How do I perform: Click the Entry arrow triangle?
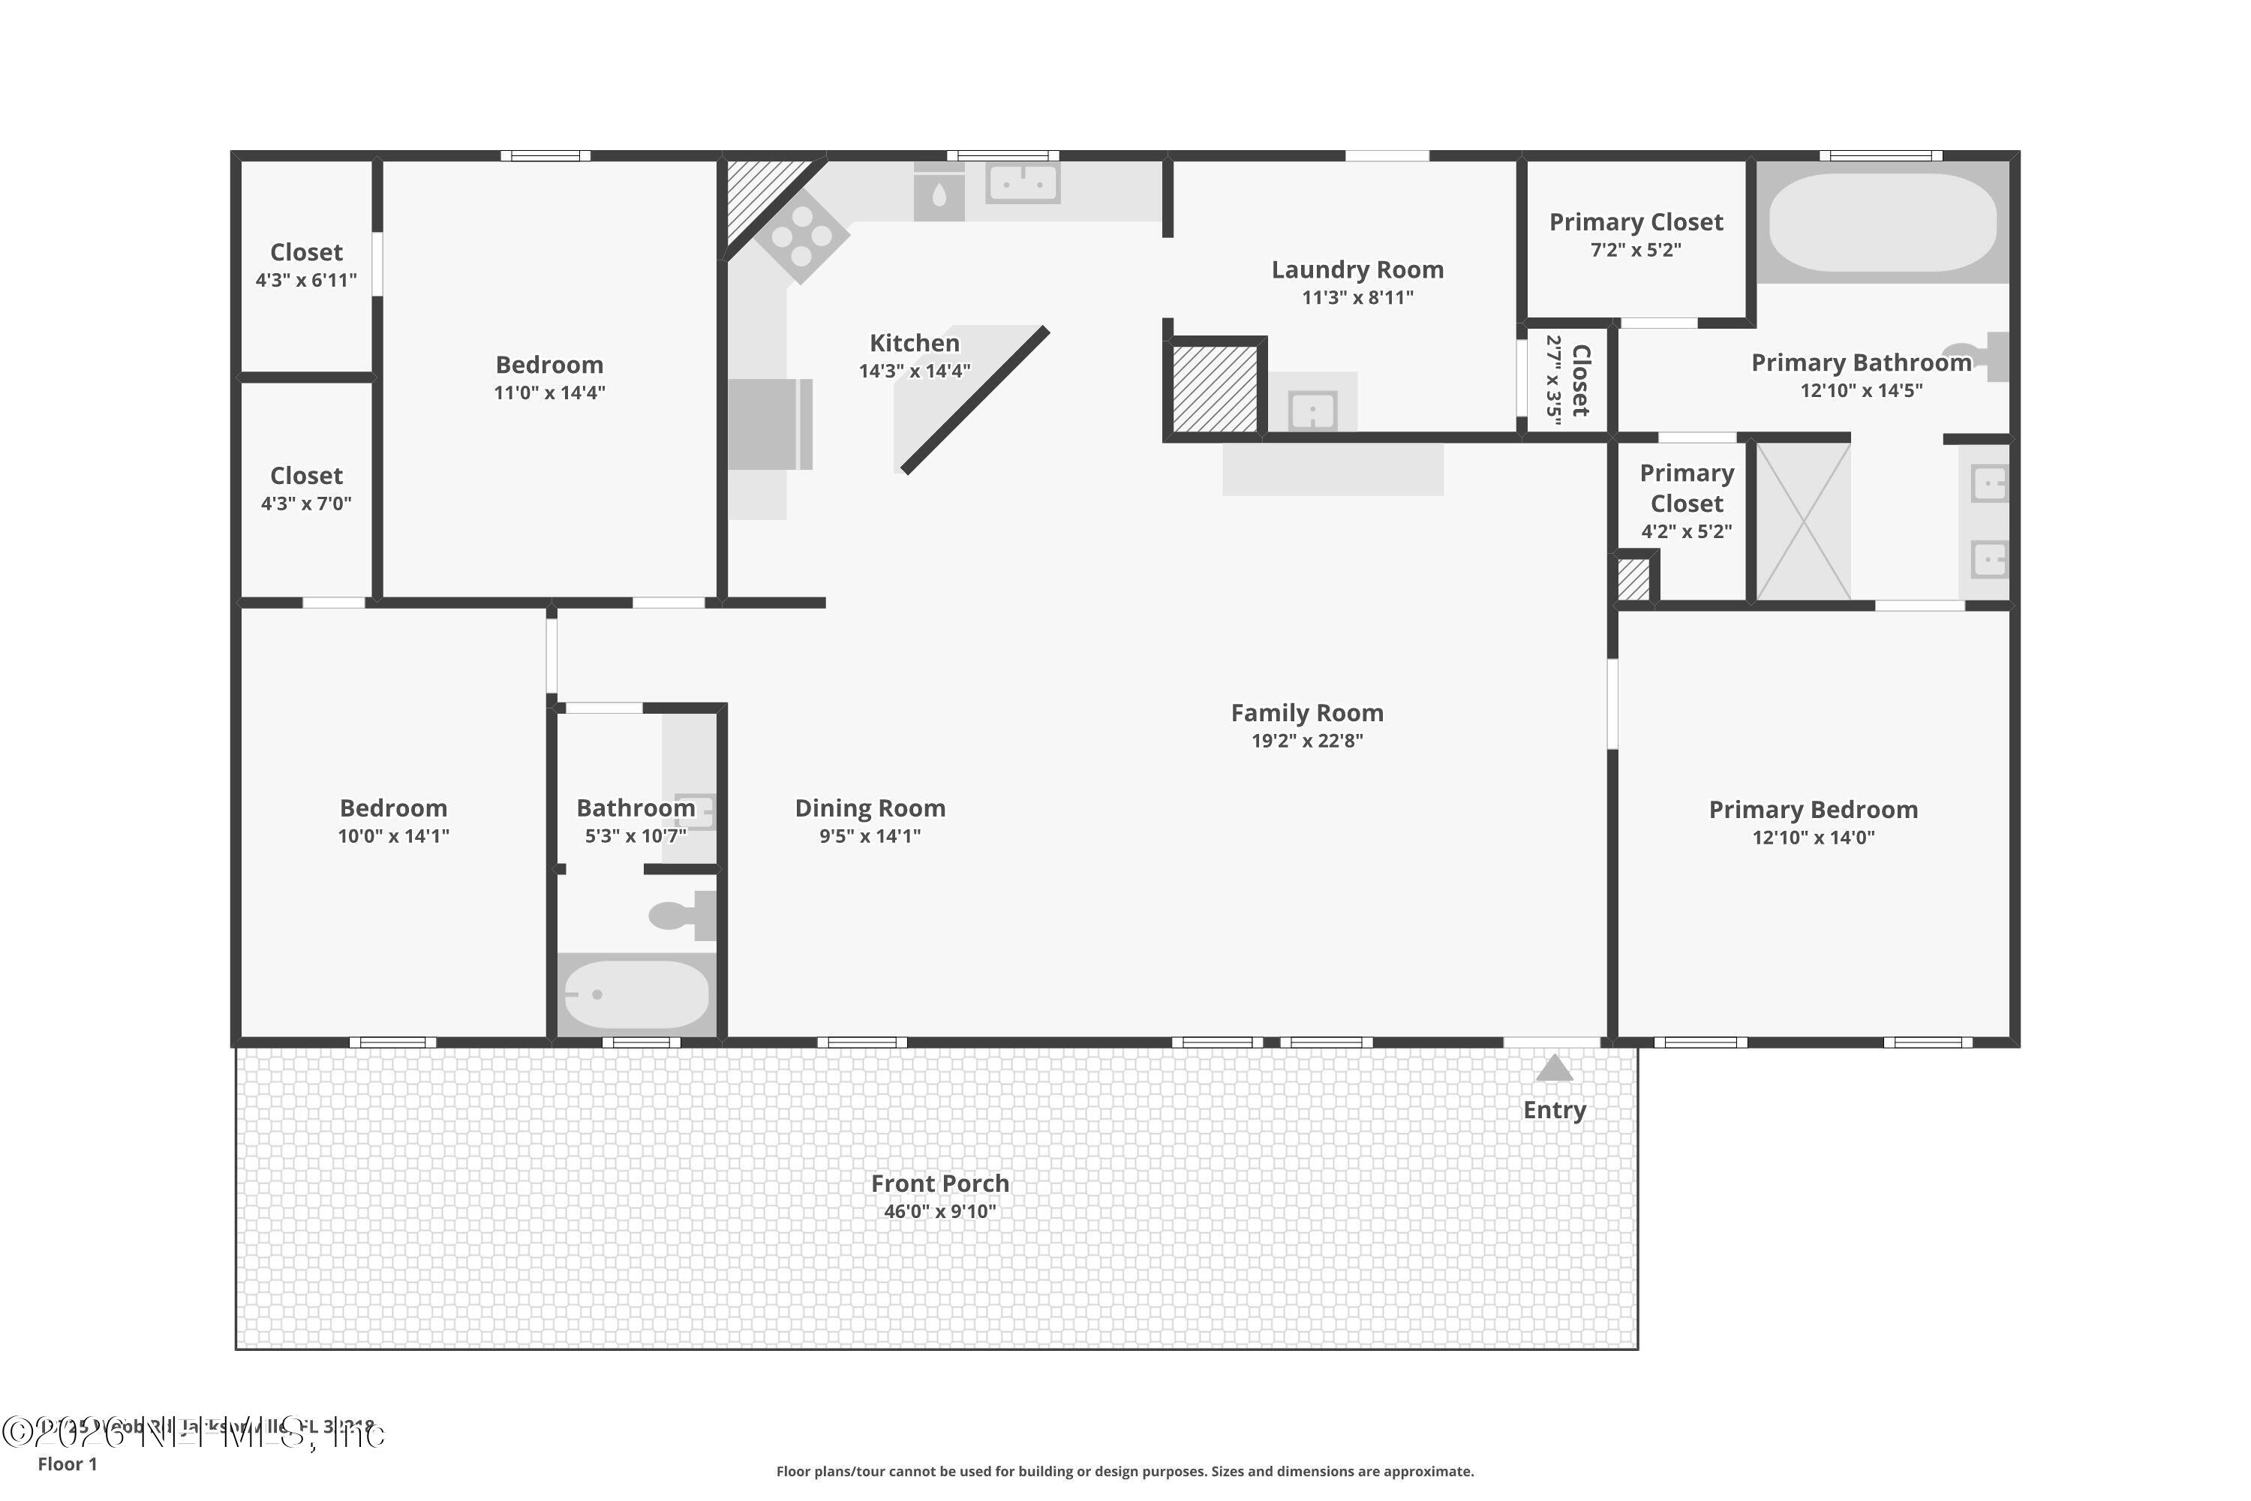pyautogui.click(x=1554, y=1068)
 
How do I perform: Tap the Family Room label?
pyautogui.click(x=1306, y=713)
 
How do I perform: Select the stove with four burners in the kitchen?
pyautogui.click(x=802, y=236)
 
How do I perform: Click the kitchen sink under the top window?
pyautogui.click(x=1022, y=182)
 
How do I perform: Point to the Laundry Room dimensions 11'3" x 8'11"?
pyautogui.click(x=1357, y=298)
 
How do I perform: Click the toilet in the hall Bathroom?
pyautogui.click(x=681, y=915)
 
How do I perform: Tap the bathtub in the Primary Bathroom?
pyautogui.click(x=1882, y=223)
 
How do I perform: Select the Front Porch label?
pyautogui.click(x=940, y=1184)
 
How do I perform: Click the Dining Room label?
pyautogui.click(x=870, y=809)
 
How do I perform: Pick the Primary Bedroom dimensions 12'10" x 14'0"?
pyautogui.click(x=1813, y=838)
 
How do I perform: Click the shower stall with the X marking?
pyautogui.click(x=1803, y=522)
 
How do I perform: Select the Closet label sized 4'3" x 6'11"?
pyautogui.click(x=306, y=253)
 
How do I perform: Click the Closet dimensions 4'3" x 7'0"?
pyautogui.click(x=306, y=504)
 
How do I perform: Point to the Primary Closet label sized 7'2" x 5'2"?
pyautogui.click(x=1636, y=223)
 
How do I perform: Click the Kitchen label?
pyautogui.click(x=914, y=344)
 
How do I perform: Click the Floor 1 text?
pyautogui.click(x=67, y=1463)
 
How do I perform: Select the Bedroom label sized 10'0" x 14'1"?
pyautogui.click(x=393, y=809)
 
